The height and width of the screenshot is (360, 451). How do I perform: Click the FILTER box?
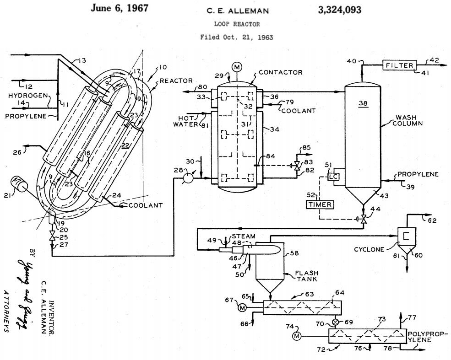point(399,65)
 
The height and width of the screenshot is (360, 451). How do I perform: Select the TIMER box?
point(321,204)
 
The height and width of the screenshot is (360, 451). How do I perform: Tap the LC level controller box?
point(333,177)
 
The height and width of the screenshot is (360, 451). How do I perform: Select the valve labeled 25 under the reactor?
point(52,237)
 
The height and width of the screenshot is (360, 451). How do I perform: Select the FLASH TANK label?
point(300,277)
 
